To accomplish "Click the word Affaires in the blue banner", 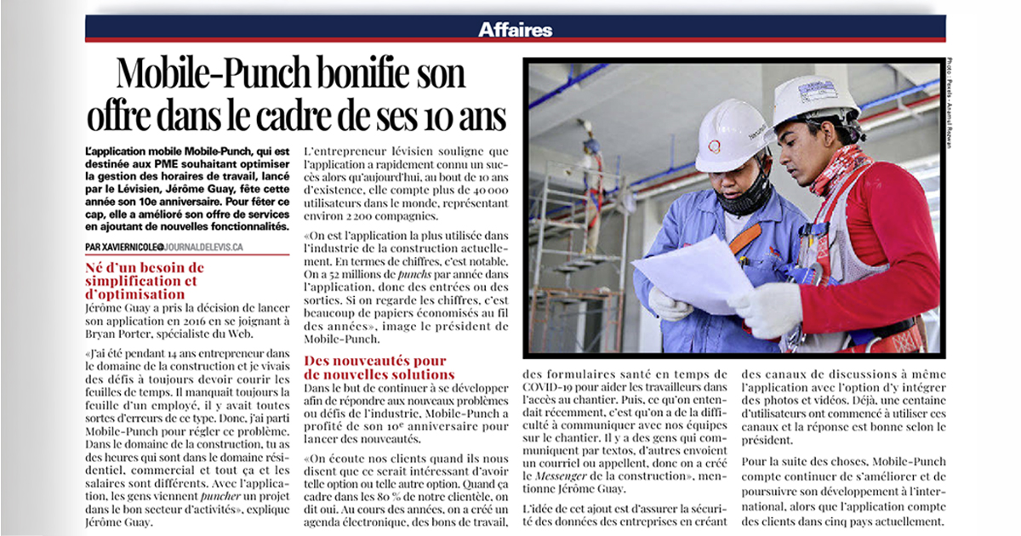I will (x=515, y=28).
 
